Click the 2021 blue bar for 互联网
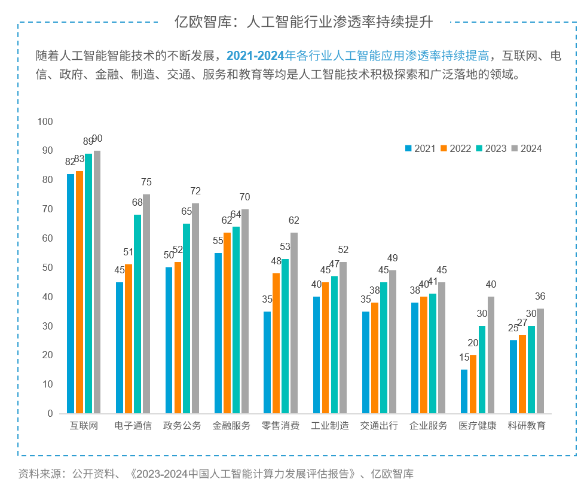(71, 293)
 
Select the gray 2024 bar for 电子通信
(146, 304)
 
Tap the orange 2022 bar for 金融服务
(227, 323)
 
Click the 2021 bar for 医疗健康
(464, 391)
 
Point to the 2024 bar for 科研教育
(540, 361)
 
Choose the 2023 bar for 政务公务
(186, 318)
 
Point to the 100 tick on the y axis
(45, 121)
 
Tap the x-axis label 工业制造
(330, 426)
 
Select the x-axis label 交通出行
(379, 426)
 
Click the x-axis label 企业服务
(428, 426)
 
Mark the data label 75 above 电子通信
(146, 182)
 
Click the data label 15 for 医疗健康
(464, 358)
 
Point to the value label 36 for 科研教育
(540, 297)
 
